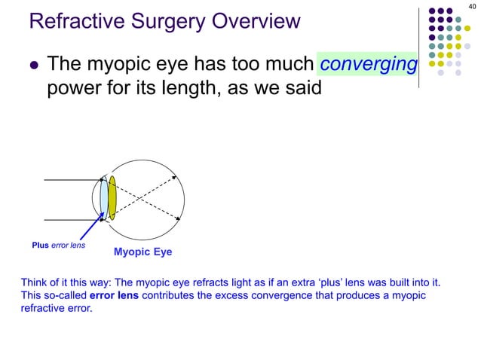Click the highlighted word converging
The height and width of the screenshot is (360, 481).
click(x=368, y=66)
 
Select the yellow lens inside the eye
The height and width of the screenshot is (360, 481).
click(x=112, y=198)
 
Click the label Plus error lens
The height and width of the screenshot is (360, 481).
click(x=58, y=245)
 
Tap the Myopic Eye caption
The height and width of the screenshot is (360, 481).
click(x=142, y=252)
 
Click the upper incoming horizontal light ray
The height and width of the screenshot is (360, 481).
click(x=72, y=181)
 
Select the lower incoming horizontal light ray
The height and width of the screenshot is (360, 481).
click(x=72, y=221)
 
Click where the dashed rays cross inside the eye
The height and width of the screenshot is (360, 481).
click(x=147, y=200)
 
